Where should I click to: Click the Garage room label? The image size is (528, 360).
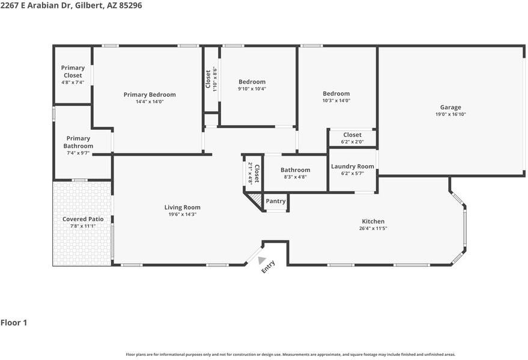(450, 107)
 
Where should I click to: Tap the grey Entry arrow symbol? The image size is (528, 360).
(261, 260)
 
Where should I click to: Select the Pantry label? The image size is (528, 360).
(276, 201)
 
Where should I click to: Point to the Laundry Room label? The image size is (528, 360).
(352, 166)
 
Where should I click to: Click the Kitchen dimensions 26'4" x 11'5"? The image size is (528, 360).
(373, 228)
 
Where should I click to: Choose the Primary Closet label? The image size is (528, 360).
(73, 72)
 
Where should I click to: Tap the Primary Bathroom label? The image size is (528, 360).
(78, 142)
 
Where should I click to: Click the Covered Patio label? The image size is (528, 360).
(83, 219)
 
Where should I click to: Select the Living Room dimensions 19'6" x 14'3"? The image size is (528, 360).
(183, 215)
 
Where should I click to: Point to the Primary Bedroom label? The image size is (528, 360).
(150, 94)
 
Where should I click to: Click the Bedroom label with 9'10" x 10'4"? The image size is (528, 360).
(252, 82)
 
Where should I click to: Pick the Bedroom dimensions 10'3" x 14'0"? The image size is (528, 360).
(336, 101)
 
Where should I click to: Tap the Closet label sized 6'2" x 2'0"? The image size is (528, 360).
(352, 135)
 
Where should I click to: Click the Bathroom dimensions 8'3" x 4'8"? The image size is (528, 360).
(295, 177)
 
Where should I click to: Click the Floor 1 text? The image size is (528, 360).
(14, 323)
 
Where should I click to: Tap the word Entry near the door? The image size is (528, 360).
(269, 266)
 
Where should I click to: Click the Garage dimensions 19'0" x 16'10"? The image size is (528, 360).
(451, 114)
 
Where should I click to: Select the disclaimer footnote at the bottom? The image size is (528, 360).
(290, 355)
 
